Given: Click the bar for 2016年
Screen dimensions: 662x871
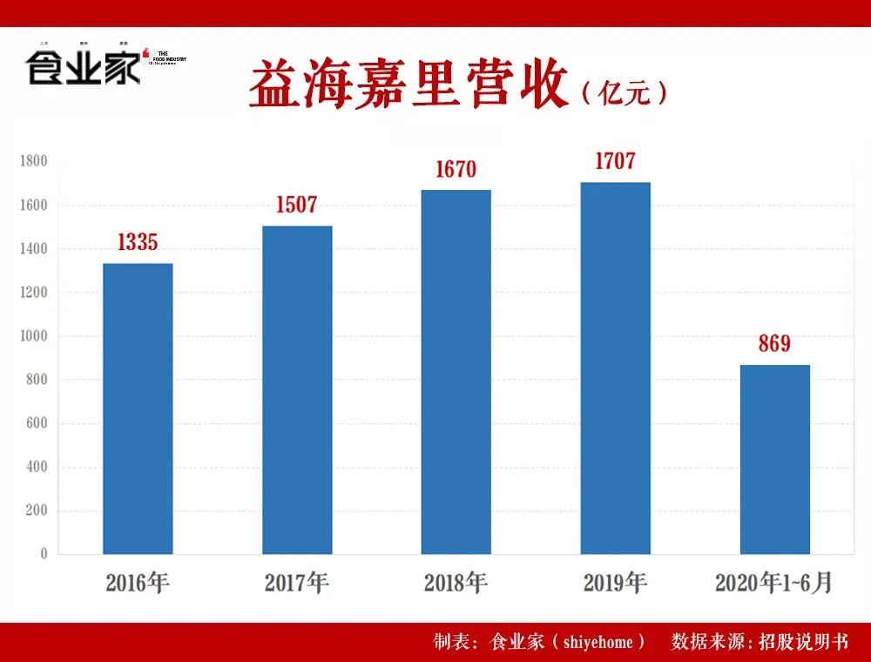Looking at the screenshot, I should (138, 409).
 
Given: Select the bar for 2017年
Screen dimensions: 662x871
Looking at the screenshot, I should (297, 389).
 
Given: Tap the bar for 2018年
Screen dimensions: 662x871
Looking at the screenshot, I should (456, 372).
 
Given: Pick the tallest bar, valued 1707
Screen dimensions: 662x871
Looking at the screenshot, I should (615, 368).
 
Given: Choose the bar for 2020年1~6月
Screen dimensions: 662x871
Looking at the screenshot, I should (774, 459).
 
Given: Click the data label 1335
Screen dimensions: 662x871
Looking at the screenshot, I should (138, 243).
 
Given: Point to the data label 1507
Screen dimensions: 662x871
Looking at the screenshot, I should (297, 206).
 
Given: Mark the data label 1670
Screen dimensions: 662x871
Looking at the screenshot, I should (456, 170).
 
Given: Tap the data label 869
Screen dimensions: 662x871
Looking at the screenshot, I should (774, 344).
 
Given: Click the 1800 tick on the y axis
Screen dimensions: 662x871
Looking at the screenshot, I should (34, 161).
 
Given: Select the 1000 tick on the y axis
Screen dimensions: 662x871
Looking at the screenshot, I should (34, 336).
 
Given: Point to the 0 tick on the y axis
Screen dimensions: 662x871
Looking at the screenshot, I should (44, 554).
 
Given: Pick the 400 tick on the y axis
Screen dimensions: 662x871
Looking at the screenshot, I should (37, 467).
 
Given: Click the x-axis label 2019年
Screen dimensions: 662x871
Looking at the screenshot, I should (615, 583).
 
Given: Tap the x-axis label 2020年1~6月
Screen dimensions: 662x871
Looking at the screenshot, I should (774, 583).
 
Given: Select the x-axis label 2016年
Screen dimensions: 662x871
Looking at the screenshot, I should (138, 583).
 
